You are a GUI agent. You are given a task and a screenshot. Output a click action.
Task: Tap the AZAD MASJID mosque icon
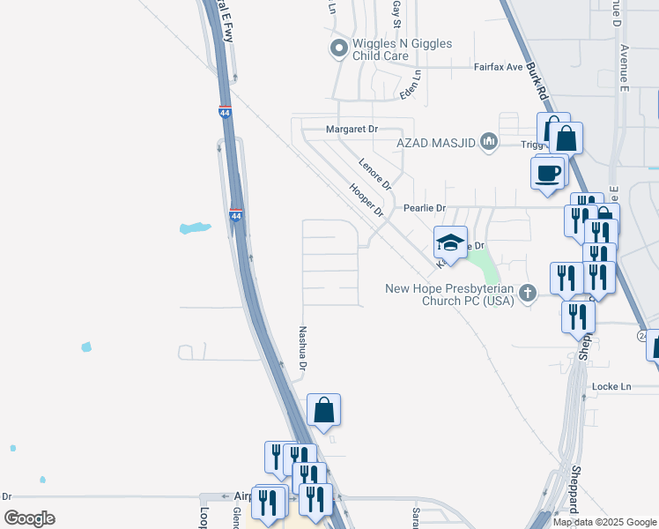pos(489,142)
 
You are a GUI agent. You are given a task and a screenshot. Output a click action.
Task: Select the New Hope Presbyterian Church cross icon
pos(528,293)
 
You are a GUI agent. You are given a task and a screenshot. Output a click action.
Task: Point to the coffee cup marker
pos(548,172)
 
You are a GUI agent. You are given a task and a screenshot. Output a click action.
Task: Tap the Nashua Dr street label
pos(302,347)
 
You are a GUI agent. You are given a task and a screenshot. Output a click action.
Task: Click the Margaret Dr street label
pos(352,129)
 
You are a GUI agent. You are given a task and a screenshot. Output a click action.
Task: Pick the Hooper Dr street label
pos(367,200)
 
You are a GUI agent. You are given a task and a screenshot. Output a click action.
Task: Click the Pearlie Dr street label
pos(426,208)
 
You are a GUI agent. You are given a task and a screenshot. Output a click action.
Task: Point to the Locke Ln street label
pos(612,386)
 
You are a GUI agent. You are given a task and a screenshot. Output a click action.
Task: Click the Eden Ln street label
pos(411,85)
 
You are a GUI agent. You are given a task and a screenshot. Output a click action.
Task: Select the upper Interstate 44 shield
pos(225,112)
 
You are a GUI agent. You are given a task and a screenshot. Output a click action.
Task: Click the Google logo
pos(29,518)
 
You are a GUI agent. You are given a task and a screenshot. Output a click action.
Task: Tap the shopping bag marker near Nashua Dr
pos(323,410)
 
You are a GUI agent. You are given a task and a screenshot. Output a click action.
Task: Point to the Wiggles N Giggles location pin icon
pos(337,48)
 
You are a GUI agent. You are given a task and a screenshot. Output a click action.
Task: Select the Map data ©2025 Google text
pos(603,522)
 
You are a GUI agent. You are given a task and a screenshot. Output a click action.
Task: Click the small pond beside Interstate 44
pos(195,228)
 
